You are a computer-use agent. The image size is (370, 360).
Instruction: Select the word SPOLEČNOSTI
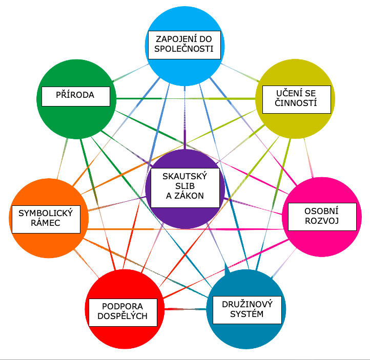pos(184,49)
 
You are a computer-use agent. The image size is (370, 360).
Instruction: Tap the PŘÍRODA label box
pos(76,96)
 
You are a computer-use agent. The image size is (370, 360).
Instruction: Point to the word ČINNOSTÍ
pos(296,103)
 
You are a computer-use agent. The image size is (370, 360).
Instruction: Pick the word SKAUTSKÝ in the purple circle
pos(185,176)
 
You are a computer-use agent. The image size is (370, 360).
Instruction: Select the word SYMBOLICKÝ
pos(46,213)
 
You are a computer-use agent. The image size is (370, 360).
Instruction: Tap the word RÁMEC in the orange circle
pos(46,223)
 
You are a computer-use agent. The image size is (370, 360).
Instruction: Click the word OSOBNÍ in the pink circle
pos(321,211)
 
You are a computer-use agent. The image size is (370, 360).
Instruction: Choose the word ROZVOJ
pos(322,221)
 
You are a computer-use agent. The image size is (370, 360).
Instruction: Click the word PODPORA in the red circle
pos(122,306)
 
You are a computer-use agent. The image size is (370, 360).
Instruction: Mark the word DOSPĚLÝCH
pos(122,316)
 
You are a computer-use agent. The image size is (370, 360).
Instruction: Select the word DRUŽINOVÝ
pos(247,304)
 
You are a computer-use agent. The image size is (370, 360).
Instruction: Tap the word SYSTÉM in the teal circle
pos(247,314)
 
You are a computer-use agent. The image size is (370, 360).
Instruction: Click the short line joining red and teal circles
pos(185,309)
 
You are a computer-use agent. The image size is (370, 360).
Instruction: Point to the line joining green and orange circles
pos(63,159)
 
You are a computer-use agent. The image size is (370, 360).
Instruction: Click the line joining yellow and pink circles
pos(309,158)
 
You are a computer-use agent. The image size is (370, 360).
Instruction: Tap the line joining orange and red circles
pos(87,264)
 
